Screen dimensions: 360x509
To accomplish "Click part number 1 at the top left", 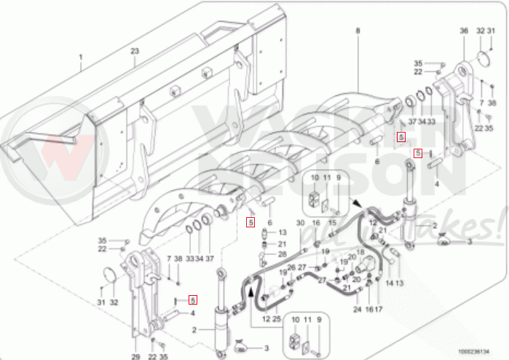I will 82,57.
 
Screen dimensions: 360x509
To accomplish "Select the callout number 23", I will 135,51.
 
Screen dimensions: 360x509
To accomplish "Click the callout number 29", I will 135,356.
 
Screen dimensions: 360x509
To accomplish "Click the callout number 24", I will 357,309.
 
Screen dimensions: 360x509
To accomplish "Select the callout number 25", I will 277,319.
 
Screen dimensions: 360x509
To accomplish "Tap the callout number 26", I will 291,267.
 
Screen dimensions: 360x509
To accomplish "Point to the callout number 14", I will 389,282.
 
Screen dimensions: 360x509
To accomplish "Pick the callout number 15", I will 331,222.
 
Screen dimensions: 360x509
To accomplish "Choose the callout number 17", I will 379,309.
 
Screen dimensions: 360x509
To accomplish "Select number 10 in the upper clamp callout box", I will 315,178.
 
